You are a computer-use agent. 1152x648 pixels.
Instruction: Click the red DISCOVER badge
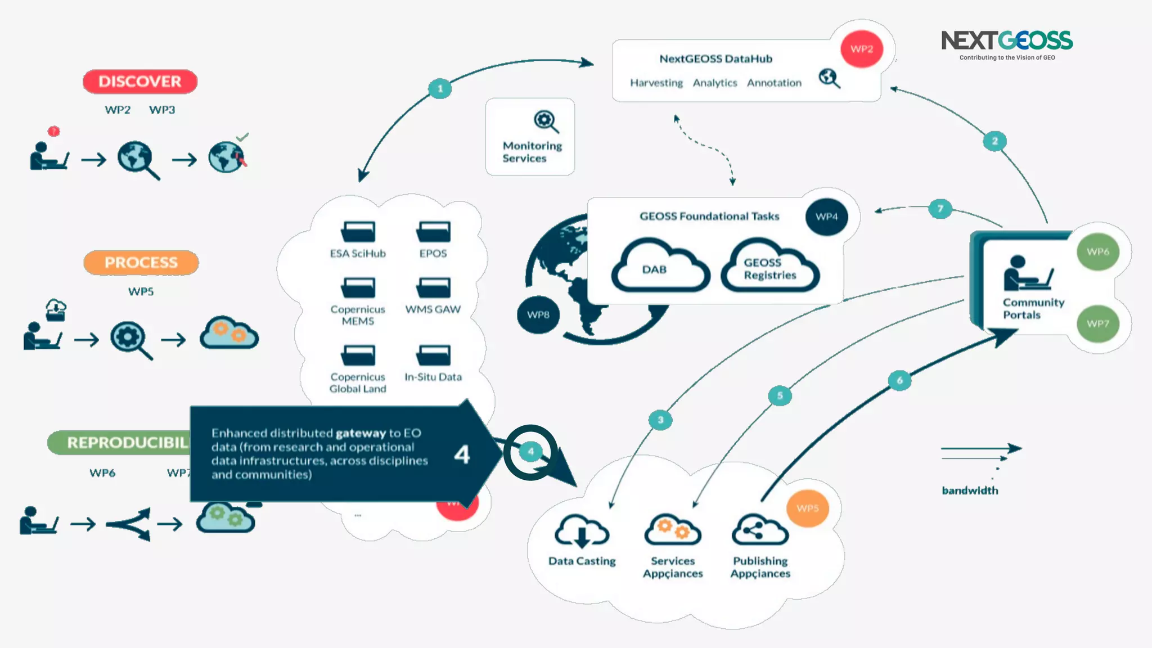[140, 82]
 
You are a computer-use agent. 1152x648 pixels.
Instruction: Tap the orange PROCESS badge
[141, 263]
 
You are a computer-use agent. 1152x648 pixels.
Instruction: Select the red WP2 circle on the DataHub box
[861, 49]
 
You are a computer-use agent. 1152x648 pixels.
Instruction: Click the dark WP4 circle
[826, 217]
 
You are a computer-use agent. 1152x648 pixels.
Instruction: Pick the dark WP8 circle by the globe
[538, 314]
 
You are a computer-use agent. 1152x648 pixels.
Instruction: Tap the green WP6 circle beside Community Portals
[1097, 251]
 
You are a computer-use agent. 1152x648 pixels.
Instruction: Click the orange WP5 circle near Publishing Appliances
[807, 508]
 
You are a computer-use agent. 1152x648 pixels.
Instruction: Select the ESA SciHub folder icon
[358, 231]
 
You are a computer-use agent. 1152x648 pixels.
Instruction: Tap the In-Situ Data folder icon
[433, 355]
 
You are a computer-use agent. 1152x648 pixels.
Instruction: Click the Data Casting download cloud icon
[582, 530]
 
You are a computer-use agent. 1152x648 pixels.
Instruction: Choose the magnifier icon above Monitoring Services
[546, 121]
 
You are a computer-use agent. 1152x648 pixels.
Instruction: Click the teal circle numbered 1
[440, 88]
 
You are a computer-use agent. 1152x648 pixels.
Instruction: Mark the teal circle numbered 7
[940, 209]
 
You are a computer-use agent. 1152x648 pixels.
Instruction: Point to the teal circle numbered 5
[780, 395]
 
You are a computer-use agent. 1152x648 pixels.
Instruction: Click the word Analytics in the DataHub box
[714, 83]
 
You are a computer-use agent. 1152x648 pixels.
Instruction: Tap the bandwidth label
[970, 490]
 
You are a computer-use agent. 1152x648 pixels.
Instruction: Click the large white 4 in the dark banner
[462, 454]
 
